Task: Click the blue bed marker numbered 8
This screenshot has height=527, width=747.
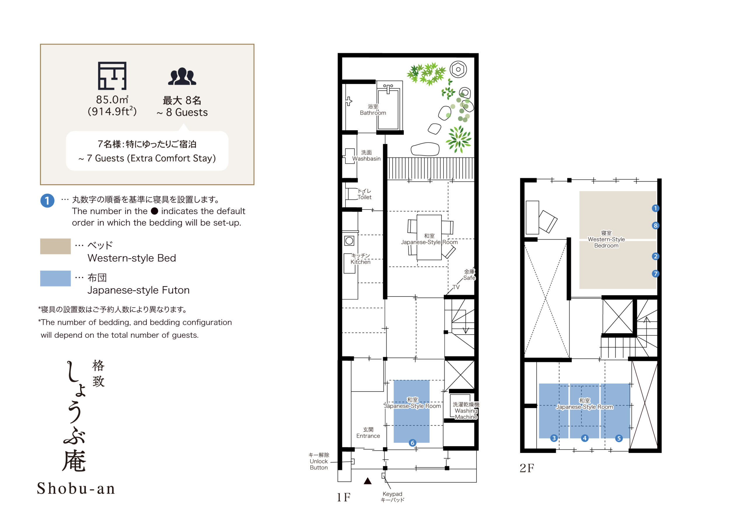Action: coord(655,225)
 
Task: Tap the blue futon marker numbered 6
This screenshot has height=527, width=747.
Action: coord(413,443)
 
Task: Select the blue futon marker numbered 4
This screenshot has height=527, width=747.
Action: coord(585,438)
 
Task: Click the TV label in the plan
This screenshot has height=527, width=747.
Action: coord(456,287)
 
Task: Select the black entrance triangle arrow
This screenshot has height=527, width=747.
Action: coord(368,481)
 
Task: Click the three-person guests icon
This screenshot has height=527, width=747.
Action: coord(182,76)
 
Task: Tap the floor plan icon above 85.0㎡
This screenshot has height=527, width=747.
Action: coord(112,76)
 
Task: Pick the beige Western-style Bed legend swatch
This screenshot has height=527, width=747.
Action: coord(55,246)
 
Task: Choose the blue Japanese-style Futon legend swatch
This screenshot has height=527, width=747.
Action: coord(55,279)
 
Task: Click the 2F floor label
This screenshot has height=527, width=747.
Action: coord(527,468)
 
